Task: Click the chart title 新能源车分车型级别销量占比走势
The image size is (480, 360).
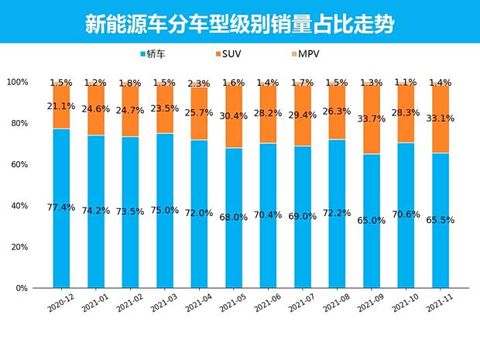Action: click(x=239, y=24)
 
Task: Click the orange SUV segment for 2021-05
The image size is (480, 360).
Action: click(x=233, y=116)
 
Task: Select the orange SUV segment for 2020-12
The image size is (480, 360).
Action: click(x=61, y=107)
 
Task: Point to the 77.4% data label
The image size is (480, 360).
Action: click(x=61, y=207)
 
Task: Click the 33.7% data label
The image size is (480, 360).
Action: click(x=370, y=119)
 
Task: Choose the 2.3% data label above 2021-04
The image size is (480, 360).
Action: click(x=199, y=84)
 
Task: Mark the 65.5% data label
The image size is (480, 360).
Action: click(x=439, y=220)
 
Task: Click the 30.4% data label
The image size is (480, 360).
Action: click(x=233, y=116)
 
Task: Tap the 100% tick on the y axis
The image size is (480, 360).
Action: click(x=16, y=82)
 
